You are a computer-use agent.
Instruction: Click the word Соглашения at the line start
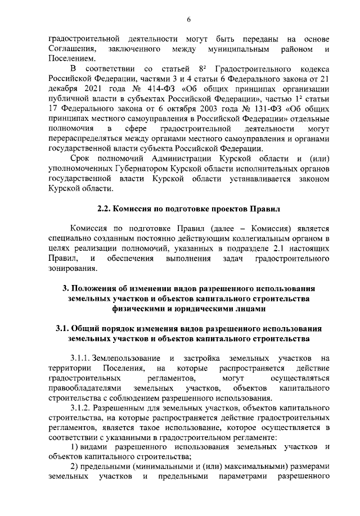point(71,50)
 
